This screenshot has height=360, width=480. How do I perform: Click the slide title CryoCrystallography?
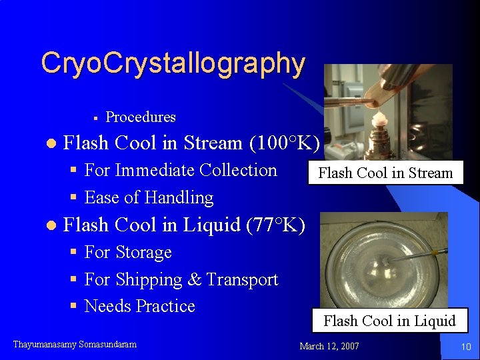click(x=173, y=64)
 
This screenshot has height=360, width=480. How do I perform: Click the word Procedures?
click(x=141, y=117)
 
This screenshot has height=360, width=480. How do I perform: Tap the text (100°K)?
click(x=285, y=143)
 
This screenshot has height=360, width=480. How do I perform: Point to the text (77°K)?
click(x=275, y=225)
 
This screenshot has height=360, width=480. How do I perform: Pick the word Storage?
click(x=143, y=253)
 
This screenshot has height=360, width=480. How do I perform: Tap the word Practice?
click(x=165, y=307)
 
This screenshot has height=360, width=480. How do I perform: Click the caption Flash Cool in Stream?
click(x=385, y=173)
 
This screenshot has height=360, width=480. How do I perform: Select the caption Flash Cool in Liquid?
click(x=389, y=321)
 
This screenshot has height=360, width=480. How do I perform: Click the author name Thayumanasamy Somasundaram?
click(x=75, y=345)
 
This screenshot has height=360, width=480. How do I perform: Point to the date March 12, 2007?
click(x=329, y=346)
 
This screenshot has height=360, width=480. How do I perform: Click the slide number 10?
click(x=466, y=347)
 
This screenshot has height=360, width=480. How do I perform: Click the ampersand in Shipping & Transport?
click(x=195, y=280)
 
